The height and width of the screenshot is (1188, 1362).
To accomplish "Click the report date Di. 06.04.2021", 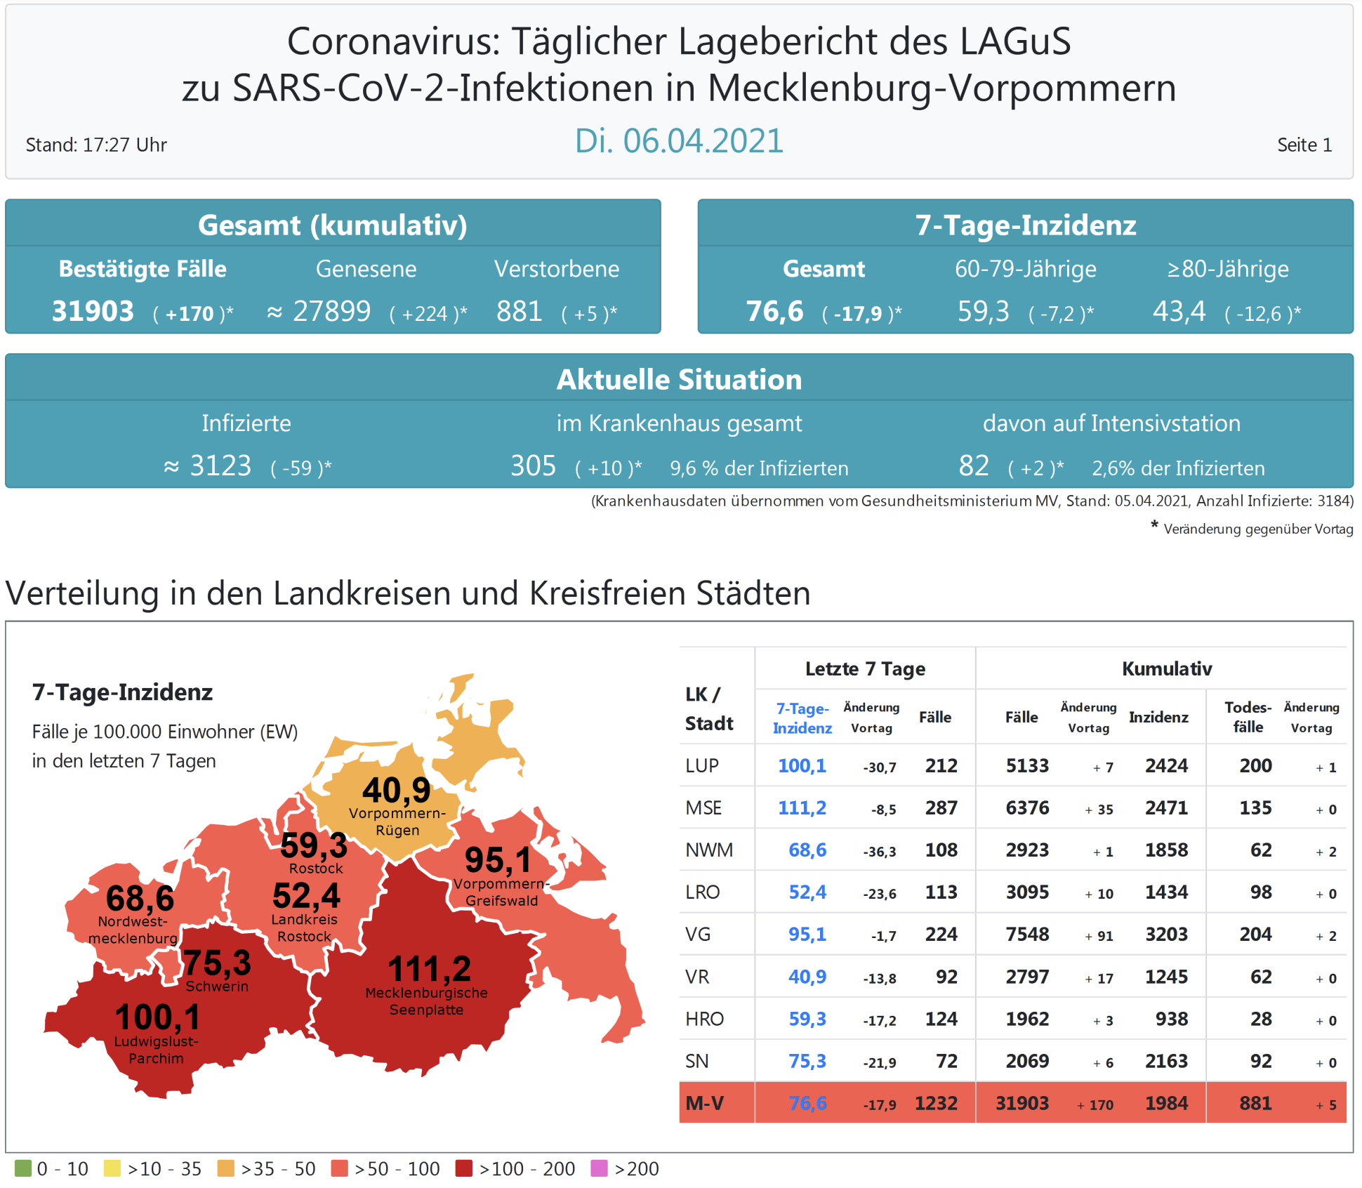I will tap(678, 141).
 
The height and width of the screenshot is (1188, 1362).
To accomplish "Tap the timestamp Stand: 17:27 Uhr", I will tap(96, 145).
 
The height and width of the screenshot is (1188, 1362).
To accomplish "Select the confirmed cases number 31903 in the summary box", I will tap(93, 311).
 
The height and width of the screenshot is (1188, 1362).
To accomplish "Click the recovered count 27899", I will tap(331, 311).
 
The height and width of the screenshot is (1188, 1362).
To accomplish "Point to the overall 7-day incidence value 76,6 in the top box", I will tap(774, 311).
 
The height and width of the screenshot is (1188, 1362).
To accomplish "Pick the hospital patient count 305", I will tap(533, 466).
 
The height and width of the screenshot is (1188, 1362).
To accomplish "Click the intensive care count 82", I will tap(974, 466).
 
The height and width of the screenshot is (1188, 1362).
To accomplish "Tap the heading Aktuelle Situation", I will tap(679, 379).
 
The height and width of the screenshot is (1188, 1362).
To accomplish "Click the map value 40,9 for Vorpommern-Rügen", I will tap(396, 790).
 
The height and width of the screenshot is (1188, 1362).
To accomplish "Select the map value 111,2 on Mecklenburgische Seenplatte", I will tap(429, 969).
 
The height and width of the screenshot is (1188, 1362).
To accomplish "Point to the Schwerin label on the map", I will tap(217, 986).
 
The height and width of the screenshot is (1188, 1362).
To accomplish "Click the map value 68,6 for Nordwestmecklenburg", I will tap(140, 898).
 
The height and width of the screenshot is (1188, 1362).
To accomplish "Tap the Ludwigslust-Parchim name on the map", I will tap(156, 1050).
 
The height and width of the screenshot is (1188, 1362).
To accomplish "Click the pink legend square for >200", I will tap(599, 1168).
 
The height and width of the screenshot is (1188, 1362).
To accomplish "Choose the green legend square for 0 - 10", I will tap(23, 1168).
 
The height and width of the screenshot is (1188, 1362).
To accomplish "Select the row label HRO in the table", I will tap(704, 1019).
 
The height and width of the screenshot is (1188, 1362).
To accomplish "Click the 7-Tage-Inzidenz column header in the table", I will tap(802, 718).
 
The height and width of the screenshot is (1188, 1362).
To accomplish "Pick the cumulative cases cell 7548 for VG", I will tap(1027, 935).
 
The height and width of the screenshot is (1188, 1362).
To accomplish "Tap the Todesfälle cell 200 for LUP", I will tap(1255, 766).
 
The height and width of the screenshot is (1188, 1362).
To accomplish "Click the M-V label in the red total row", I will tap(704, 1103).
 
